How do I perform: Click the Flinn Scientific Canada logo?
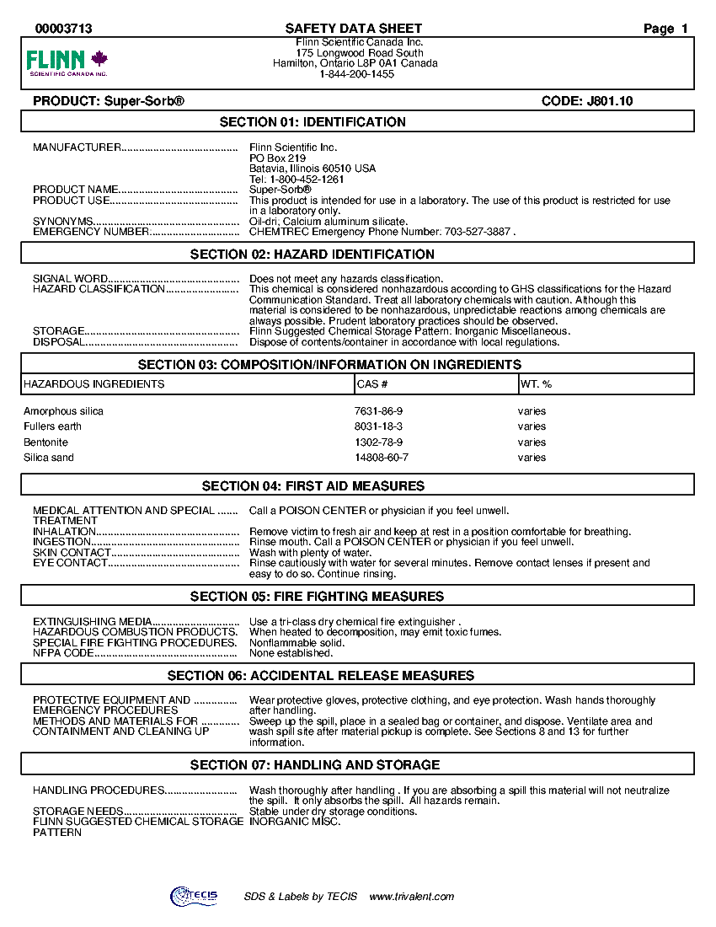click(67, 62)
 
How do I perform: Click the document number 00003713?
click(64, 29)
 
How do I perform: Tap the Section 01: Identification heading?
click(313, 122)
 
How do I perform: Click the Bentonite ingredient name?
click(46, 442)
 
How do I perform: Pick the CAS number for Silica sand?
click(382, 458)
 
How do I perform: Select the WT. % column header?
click(537, 384)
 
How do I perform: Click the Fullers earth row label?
click(53, 426)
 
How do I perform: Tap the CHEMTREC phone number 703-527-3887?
click(477, 232)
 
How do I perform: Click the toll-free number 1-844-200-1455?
click(357, 74)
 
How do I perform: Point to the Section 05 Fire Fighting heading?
click(317, 597)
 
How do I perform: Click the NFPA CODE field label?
click(63, 653)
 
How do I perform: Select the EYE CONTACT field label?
click(70, 563)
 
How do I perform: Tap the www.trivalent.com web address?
click(412, 897)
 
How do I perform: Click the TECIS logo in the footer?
click(193, 897)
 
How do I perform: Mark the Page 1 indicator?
click(665, 29)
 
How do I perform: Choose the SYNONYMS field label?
click(63, 222)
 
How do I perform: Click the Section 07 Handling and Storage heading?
click(315, 765)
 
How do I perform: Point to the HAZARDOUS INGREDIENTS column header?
click(94, 384)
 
